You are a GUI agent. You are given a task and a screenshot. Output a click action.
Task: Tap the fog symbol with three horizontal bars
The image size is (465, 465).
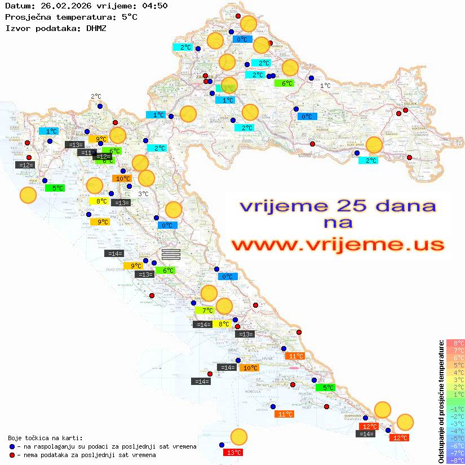171,254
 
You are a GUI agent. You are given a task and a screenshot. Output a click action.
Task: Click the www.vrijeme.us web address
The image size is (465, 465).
338,245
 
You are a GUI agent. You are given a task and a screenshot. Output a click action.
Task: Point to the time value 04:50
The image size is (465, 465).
153,6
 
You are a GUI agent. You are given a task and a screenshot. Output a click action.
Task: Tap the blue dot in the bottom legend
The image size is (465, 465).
12,446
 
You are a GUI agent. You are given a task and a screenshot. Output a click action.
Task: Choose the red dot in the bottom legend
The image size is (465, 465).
12,454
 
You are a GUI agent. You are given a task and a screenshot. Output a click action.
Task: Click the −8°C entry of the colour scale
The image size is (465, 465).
454,460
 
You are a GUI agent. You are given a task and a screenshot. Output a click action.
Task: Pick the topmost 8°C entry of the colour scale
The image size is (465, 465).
454,343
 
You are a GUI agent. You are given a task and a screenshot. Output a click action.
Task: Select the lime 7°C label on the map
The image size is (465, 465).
204,310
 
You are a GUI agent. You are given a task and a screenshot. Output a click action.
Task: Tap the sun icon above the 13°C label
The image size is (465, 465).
239,437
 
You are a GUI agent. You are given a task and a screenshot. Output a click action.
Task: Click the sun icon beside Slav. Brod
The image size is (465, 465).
374,145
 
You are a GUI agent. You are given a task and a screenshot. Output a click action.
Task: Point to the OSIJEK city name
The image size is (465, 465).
410,104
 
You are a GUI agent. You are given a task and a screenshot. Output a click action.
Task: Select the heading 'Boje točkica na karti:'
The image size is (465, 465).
45,437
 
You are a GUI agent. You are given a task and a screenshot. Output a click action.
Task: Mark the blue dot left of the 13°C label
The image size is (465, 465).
222,444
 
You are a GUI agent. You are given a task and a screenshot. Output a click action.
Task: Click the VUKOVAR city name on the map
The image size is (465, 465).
420,129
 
